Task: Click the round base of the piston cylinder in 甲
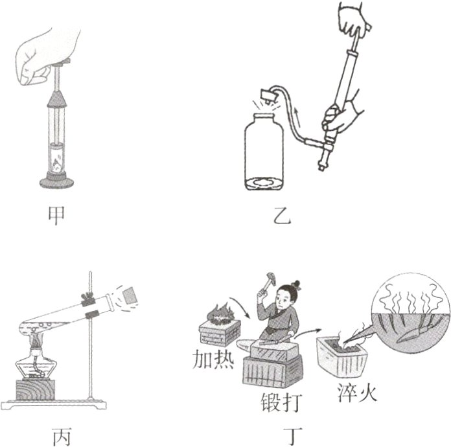tap(56, 181)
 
